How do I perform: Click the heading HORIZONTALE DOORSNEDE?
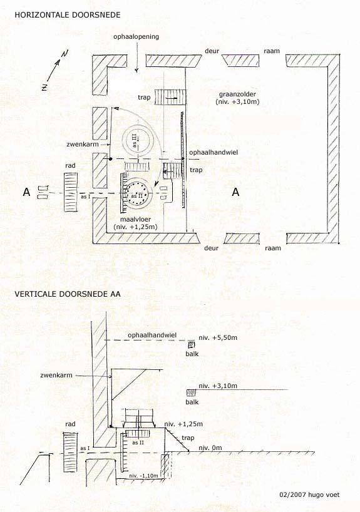[x=67, y=14]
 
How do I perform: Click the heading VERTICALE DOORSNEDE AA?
[x=67, y=294]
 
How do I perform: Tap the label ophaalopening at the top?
[x=136, y=36]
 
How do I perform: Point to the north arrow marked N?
[x=56, y=71]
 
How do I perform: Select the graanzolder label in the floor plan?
[x=237, y=95]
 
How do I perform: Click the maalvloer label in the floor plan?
[x=135, y=220]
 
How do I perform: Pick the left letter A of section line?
[x=26, y=192]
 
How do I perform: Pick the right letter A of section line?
[x=235, y=192]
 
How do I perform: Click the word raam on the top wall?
[x=272, y=51]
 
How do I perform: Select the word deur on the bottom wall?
[x=211, y=248]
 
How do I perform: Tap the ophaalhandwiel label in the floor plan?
[x=213, y=153]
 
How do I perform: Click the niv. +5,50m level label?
[x=218, y=337]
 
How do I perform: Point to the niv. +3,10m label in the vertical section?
[x=218, y=386]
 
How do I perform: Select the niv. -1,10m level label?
[x=143, y=476]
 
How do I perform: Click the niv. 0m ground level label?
[x=210, y=448]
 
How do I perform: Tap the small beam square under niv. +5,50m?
[x=191, y=345]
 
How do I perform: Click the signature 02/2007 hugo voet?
[x=309, y=494]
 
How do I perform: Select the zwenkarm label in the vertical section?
[x=56, y=375]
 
